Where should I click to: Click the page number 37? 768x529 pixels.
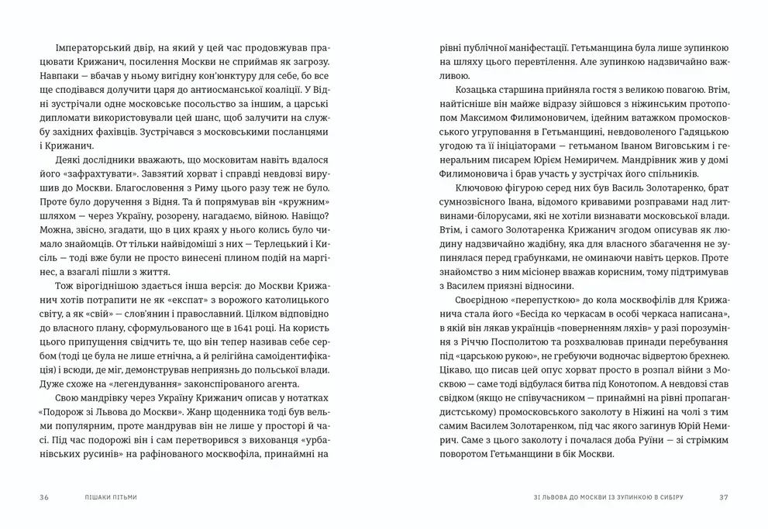724,496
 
